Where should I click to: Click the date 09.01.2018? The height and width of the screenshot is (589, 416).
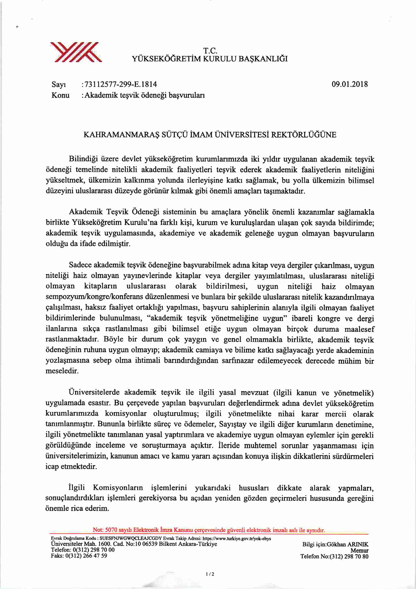[x=349, y=84]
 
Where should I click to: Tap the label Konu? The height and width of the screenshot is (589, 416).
[x=61, y=95]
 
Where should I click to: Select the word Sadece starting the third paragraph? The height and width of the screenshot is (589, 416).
[x=80, y=265]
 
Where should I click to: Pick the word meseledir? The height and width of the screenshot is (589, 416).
[x=62, y=371]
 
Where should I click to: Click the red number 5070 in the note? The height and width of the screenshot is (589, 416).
[x=113, y=530]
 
